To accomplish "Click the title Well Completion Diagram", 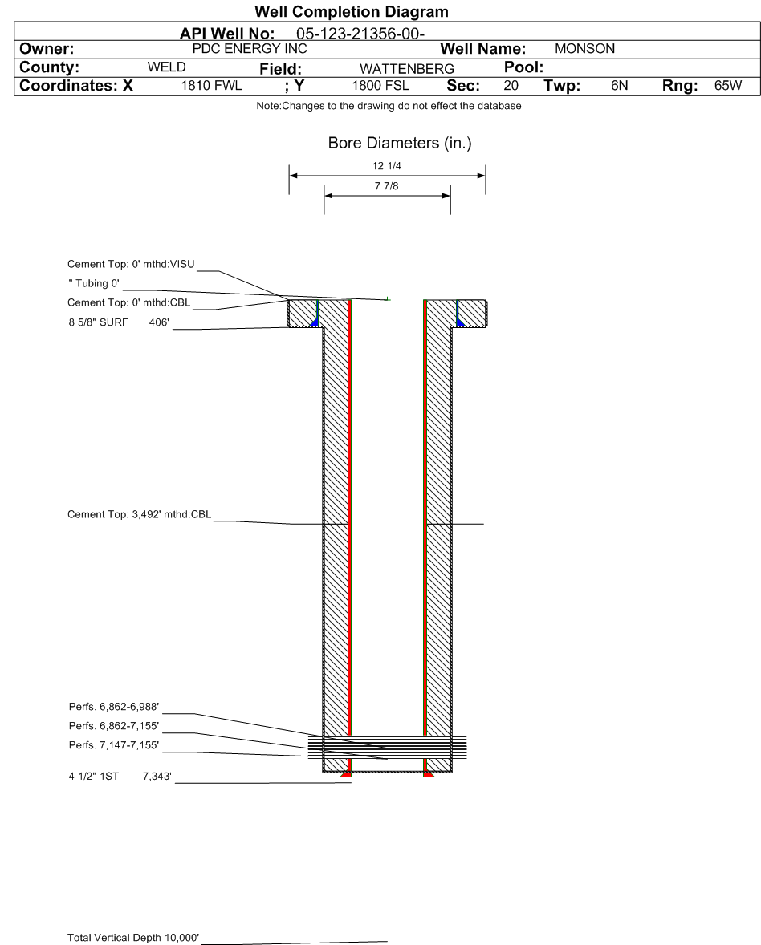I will [351, 13].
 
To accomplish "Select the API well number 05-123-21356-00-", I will [360, 34].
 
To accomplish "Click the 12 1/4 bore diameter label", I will [388, 167].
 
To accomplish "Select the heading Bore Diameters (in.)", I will [387, 144].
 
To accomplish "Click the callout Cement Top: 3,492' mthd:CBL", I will [140, 515].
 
